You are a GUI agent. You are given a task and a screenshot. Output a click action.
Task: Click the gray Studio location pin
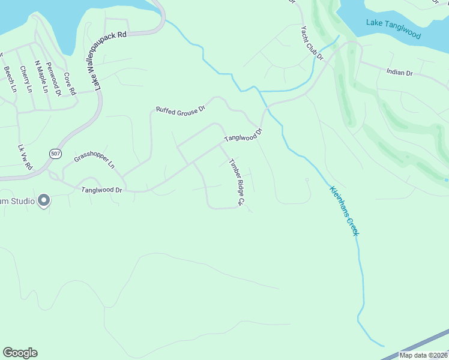[x=43, y=200]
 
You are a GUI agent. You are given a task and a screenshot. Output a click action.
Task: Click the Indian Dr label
[x=400, y=72]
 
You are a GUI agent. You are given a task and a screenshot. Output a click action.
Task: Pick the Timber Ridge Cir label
[x=235, y=182]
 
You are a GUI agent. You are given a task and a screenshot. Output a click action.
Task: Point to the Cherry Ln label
[x=26, y=79]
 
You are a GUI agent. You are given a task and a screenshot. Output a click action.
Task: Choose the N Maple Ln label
[x=41, y=77]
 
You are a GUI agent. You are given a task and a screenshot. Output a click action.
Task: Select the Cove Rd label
[x=70, y=84]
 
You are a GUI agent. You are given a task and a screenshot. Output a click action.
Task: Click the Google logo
[x=20, y=353]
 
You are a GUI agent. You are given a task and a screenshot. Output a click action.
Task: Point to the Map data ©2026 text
[x=423, y=355]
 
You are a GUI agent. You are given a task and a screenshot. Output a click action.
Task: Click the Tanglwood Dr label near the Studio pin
[x=101, y=190]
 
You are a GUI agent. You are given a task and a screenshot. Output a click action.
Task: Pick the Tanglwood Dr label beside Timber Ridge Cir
[x=244, y=134]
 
